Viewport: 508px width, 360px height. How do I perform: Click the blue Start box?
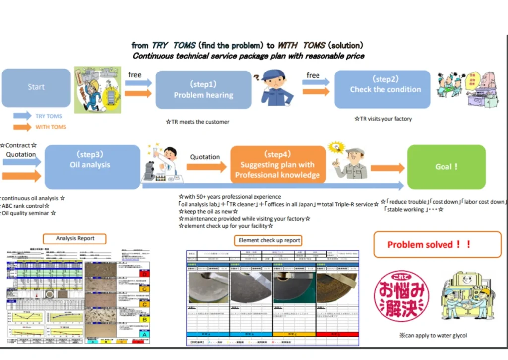pos(36,87)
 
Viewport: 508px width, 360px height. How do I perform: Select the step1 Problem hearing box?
pos(203,90)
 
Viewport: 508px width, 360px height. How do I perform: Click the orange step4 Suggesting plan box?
pos(277,165)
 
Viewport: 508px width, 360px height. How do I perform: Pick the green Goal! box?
pos(446,167)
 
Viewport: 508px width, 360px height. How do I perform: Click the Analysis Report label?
pos(75,238)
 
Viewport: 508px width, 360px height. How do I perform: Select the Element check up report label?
pos(269,240)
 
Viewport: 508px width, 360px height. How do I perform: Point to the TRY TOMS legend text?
pos(49,116)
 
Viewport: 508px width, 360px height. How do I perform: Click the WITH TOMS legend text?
pos(51,127)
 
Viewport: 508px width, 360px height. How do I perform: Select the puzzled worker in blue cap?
pos(276,87)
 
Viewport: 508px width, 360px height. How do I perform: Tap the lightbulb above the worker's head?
pos(336,148)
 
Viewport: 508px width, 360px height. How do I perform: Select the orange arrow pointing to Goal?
pos(387,168)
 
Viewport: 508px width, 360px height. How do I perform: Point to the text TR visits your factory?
pos(382,119)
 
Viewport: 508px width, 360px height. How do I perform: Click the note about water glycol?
pos(433,335)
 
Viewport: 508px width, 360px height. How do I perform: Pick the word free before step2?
pos(313,75)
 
